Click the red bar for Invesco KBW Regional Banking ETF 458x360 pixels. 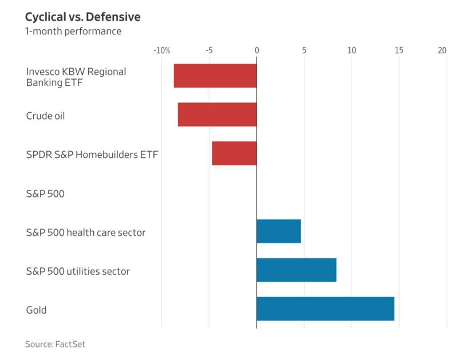pos(215,76)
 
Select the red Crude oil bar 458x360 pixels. pos(217,114)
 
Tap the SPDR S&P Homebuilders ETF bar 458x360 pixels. pos(234,153)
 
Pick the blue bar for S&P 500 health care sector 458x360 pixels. pos(279,231)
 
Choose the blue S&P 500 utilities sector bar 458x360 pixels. pos(297,270)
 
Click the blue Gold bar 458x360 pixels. pos(325,309)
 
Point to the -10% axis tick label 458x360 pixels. pos(162,50)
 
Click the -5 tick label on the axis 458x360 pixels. pos(209,50)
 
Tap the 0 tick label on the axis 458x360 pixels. pos(256,50)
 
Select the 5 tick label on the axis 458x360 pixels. pos(304,50)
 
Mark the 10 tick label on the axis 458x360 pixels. pos(352,50)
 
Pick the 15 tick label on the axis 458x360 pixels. pos(399,50)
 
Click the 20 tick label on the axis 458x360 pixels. pos(442,50)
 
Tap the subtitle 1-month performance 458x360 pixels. pos(73,31)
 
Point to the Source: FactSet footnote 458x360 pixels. pos(55,344)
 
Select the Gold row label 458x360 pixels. pos(36,310)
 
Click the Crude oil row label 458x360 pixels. pos(46,116)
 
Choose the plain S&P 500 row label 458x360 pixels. pos(45,193)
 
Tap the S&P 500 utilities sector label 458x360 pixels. pos(78,271)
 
